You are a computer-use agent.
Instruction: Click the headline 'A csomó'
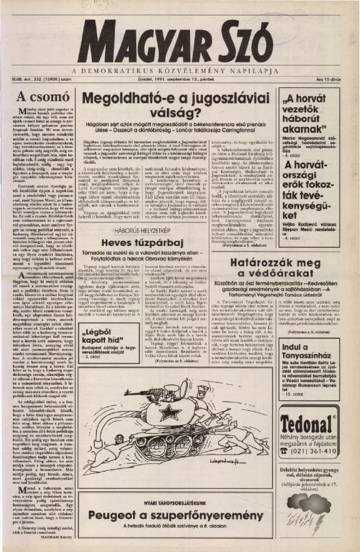click(39, 97)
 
